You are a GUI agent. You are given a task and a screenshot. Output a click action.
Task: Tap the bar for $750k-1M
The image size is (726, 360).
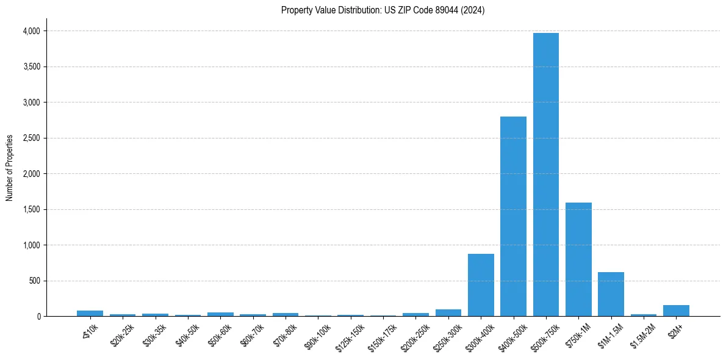tap(578, 259)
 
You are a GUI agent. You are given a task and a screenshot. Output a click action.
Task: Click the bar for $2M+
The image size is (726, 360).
tap(676, 311)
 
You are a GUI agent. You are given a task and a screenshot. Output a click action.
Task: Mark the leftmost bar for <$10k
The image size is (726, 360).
tap(90, 314)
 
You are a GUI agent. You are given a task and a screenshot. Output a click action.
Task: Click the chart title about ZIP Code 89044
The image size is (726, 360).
tap(383, 10)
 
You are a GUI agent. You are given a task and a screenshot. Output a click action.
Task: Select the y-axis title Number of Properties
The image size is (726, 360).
tap(10, 168)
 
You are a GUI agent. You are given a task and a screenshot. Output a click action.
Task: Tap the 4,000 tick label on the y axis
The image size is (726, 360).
tap(30, 31)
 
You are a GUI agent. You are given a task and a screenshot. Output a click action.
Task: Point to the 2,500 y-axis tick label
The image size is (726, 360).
tap(30, 139)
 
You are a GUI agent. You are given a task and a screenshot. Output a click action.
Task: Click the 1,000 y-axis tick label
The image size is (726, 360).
tap(30, 245)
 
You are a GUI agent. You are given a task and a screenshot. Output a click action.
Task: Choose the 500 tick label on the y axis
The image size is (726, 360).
tap(34, 281)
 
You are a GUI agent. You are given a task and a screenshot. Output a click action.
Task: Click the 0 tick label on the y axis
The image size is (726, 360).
tap(38, 317)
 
